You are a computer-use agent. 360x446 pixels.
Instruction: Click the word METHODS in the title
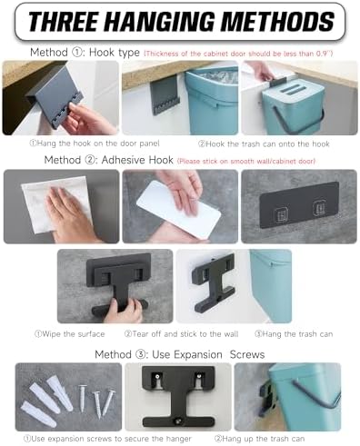tap(277, 22)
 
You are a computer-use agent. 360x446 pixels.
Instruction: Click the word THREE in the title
tap(65, 22)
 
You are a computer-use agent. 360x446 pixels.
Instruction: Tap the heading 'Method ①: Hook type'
tap(85, 53)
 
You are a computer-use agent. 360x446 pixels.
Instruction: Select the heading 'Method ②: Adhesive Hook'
tap(108, 160)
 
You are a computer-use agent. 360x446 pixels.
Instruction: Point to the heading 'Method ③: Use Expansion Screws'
tap(180, 354)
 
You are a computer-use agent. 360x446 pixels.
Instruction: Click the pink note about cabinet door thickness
tap(238, 54)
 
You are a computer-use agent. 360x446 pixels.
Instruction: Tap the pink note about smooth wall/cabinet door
tap(246, 161)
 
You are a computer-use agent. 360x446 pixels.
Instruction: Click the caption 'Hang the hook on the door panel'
tap(95, 144)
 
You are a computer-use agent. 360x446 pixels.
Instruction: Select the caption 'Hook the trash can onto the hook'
tap(264, 144)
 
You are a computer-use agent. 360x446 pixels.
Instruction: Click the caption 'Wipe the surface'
tap(70, 334)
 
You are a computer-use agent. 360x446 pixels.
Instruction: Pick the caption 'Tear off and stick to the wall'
tap(181, 334)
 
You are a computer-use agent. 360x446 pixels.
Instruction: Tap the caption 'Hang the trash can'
tap(294, 334)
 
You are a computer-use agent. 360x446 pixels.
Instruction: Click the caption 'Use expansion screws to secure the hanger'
tap(107, 439)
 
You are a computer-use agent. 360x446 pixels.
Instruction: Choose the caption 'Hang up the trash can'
tap(259, 439)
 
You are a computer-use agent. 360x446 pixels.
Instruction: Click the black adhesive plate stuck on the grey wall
tap(299, 204)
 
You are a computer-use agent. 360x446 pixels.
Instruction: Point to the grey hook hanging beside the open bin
tap(165, 94)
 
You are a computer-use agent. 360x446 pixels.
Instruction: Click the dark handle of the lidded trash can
tap(298, 121)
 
